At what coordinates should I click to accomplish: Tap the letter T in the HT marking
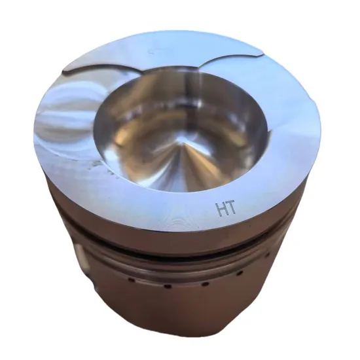coord(230,209)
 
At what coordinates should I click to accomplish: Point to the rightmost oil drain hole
coord(240,272)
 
